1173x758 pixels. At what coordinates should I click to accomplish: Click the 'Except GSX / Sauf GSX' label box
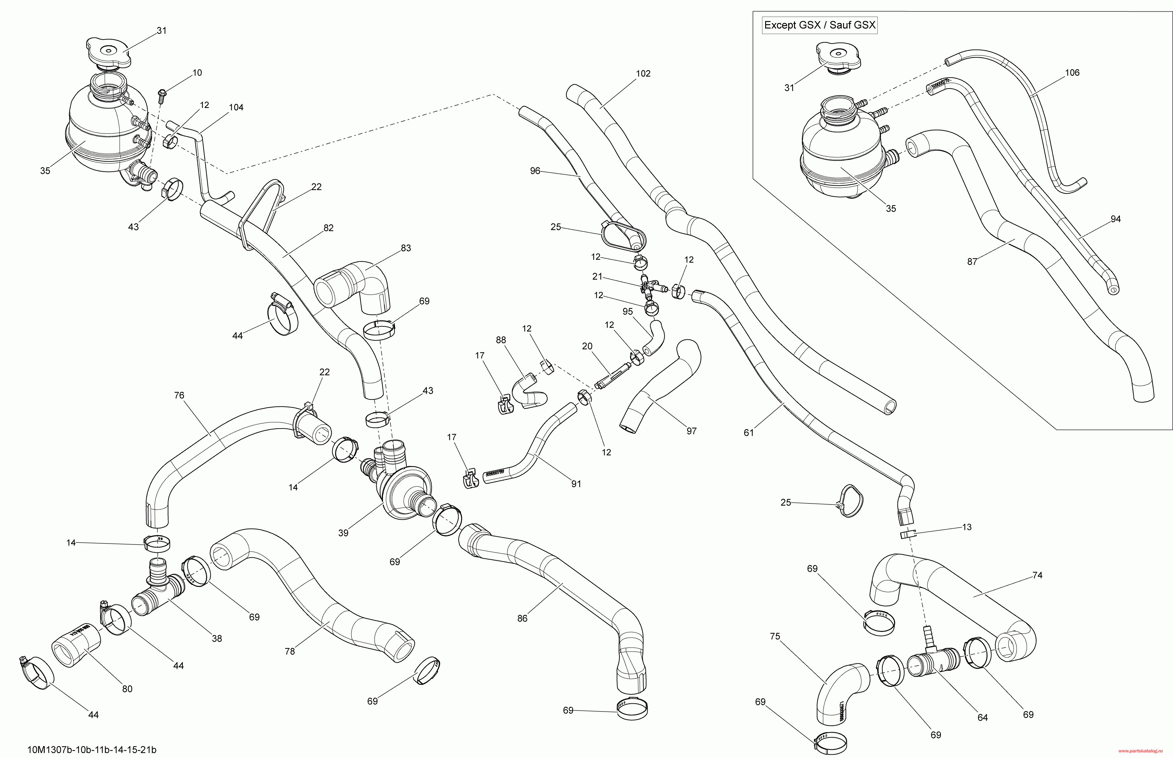coord(820,25)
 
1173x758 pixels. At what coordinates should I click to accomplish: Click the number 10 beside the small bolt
coord(197,73)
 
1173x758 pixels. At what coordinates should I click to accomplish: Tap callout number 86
coord(522,618)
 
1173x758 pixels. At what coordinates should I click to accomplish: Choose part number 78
coord(290,651)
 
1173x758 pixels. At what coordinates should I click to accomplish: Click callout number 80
coord(127,689)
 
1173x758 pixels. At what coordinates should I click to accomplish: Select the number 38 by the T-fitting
coord(217,638)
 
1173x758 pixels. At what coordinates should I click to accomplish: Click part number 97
coord(692,431)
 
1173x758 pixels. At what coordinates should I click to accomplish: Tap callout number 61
coord(749,433)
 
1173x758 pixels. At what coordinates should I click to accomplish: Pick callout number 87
coord(972,262)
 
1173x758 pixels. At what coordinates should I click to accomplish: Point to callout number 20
coord(587,347)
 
